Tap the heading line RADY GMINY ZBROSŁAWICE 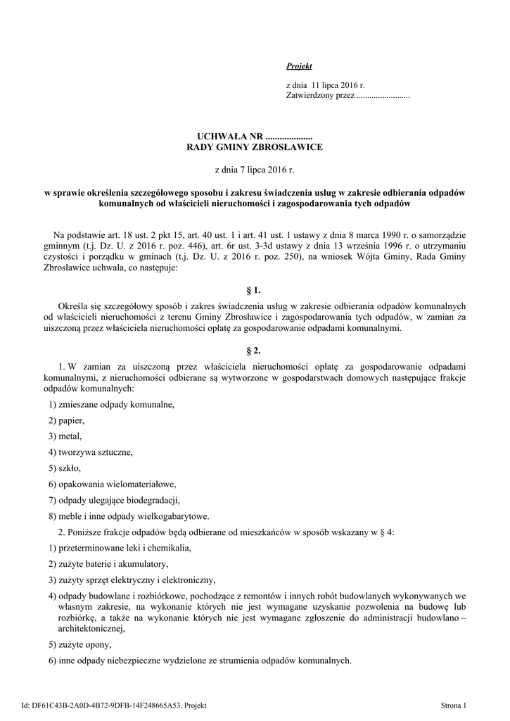pyautogui.click(x=254, y=146)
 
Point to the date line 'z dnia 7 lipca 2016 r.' pyautogui.click(x=254, y=170)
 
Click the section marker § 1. pyautogui.click(x=255, y=290)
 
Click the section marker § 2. pyautogui.click(x=255, y=350)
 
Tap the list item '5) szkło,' pyautogui.click(x=65, y=468)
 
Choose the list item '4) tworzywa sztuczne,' pyautogui.click(x=90, y=452)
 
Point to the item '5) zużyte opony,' pyautogui.click(x=79, y=644)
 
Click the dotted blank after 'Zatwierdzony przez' pyautogui.click(x=383, y=95)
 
